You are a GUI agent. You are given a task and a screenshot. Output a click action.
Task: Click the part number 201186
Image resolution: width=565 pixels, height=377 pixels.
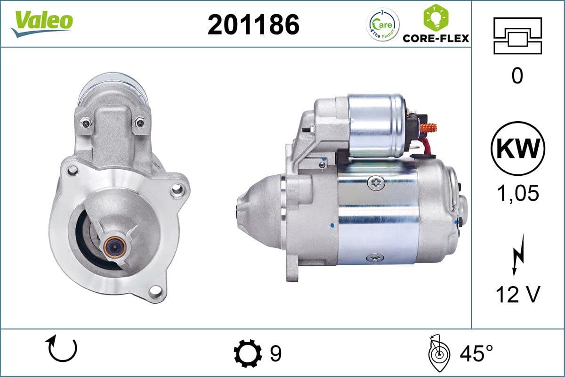pos(253,24)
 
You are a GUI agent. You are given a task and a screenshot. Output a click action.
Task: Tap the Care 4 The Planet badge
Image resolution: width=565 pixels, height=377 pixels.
pos(383,25)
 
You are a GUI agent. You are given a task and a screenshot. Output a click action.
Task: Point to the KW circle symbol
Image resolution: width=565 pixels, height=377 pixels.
pos(517,148)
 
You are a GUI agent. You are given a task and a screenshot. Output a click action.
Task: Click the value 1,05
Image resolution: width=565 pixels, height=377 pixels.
pos(517,193)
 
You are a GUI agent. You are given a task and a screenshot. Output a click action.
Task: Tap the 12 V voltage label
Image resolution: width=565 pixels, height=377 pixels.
pos(517,295)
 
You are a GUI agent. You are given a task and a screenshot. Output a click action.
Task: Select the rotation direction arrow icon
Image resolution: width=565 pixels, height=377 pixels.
pos(61,349)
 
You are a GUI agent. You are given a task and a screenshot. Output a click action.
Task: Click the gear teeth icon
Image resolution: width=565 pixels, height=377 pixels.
pos(248,353)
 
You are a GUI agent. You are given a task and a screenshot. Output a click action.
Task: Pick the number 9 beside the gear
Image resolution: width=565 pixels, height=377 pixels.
pos(276,353)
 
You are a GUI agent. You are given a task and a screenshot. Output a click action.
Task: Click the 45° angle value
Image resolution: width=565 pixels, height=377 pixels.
pos(476,353)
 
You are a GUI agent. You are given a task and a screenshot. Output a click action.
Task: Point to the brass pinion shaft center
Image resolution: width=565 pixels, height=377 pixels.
pos(113,245)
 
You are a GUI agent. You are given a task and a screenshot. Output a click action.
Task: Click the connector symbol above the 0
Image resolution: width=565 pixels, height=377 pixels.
pos(517,36)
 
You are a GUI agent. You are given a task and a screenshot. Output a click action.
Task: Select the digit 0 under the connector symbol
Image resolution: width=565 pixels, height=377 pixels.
pos(517,76)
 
